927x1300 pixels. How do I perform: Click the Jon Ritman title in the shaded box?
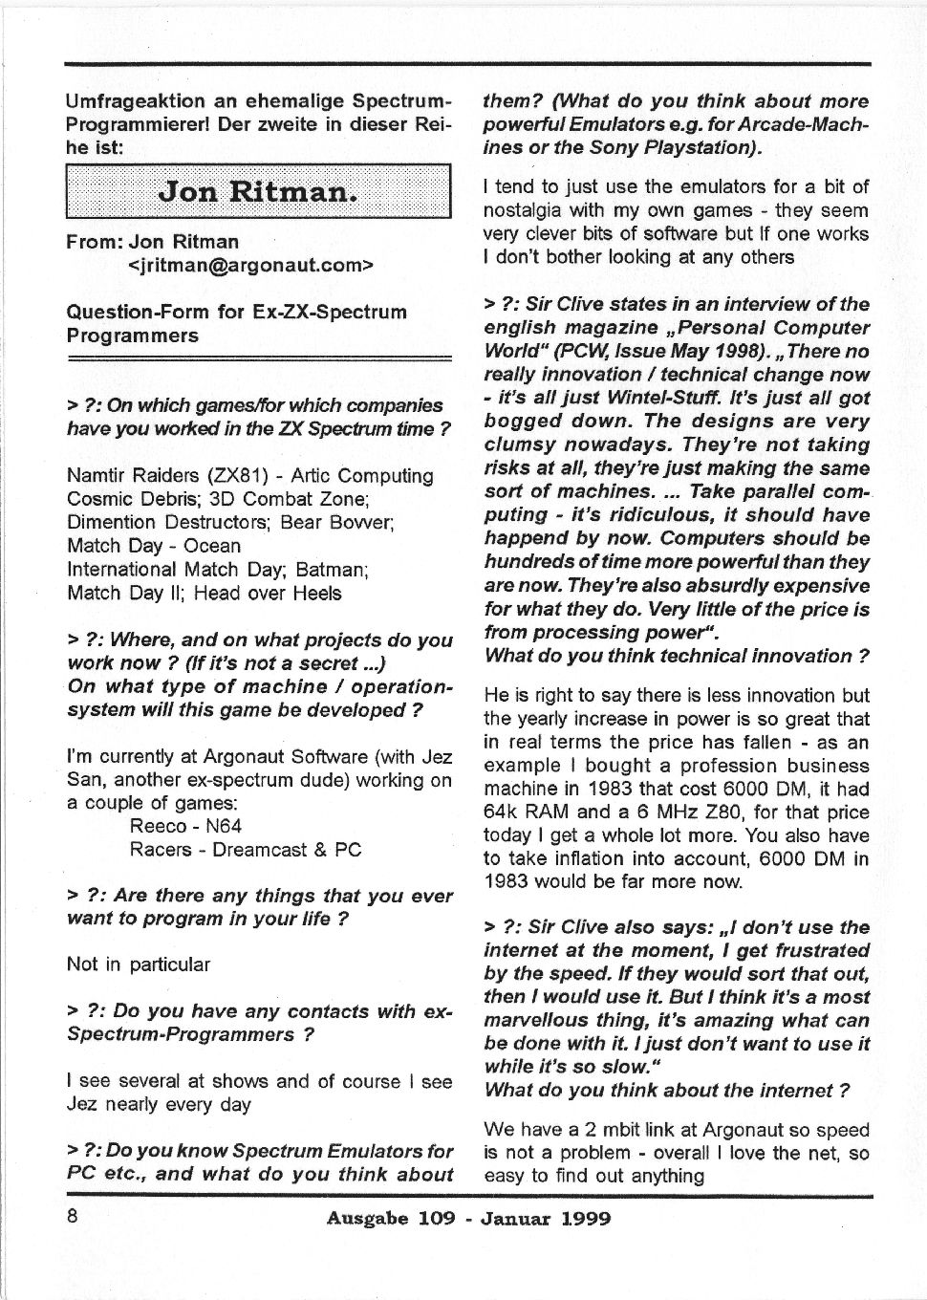tap(257, 191)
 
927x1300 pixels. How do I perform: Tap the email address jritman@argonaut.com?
tap(249, 265)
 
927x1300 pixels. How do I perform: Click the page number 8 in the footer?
tap(72, 1217)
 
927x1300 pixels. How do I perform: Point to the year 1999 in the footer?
tap(586, 1218)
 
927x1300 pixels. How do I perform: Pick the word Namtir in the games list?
tap(97, 476)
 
